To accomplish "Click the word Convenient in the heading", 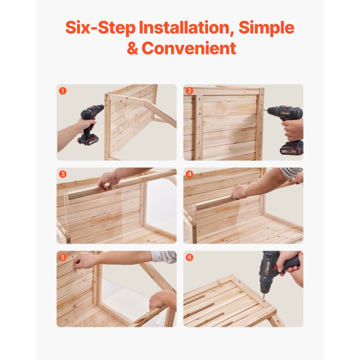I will (x=189, y=48).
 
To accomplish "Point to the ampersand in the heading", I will (x=132, y=48).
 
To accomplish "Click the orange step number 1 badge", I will (x=63, y=91).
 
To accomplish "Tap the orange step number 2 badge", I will (x=190, y=91).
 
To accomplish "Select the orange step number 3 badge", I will (x=63, y=174).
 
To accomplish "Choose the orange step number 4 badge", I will (x=190, y=174).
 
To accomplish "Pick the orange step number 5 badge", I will (x=63, y=257).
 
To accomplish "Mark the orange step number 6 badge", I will (x=190, y=257).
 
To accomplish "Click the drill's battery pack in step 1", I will (x=87, y=140).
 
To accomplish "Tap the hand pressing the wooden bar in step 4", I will (x=240, y=192).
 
